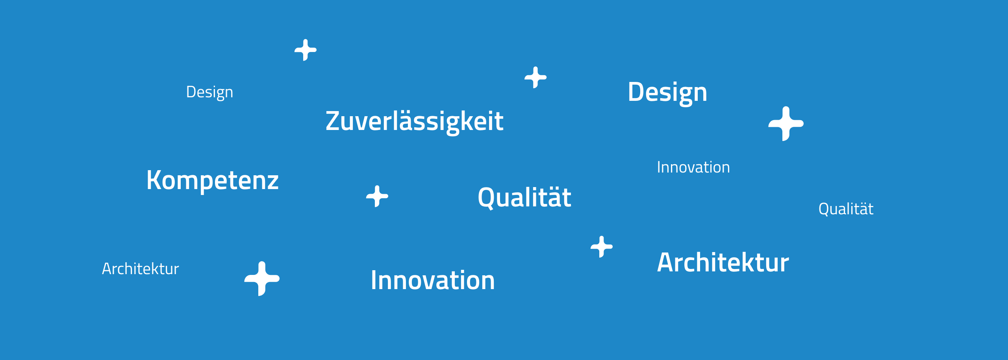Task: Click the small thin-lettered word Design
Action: tap(209, 93)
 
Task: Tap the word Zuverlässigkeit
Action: tap(414, 122)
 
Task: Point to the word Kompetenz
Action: tap(213, 180)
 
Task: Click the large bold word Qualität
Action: tap(524, 197)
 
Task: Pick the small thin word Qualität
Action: tap(846, 209)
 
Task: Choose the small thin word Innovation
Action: tap(693, 167)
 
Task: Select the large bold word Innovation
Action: tap(433, 280)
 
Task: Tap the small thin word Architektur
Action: tap(141, 269)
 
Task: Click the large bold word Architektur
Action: tap(723, 262)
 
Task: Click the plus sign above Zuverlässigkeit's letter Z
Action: tap(306, 50)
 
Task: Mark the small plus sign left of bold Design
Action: tap(535, 77)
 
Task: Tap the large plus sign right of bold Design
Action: tap(786, 124)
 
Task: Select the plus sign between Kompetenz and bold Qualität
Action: tap(377, 196)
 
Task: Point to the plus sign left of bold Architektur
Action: tap(602, 247)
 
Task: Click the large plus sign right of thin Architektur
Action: tap(262, 278)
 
